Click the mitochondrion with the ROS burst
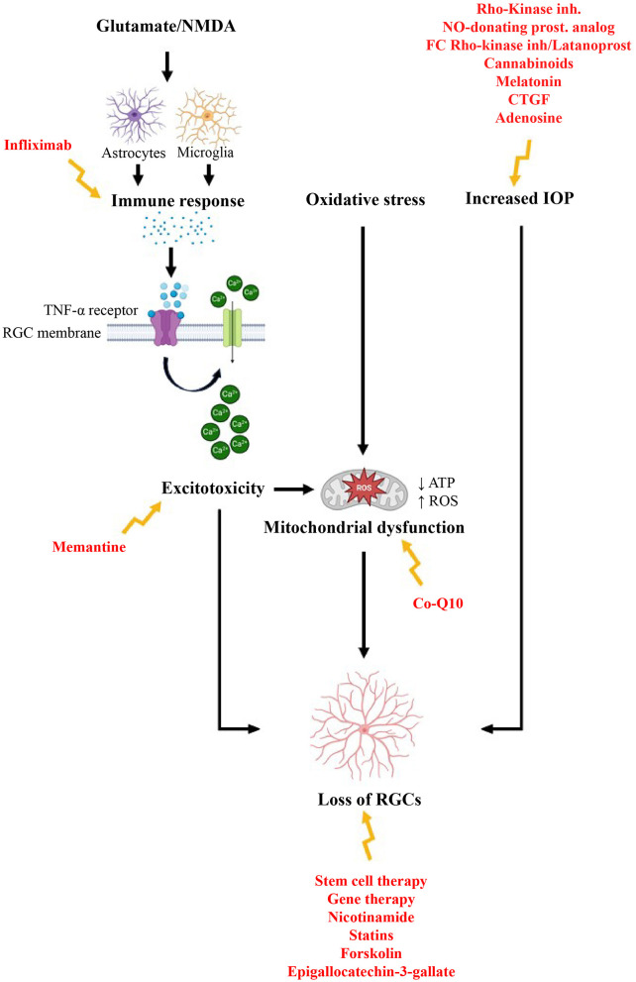coord(363,489)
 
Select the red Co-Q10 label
coord(440,602)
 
